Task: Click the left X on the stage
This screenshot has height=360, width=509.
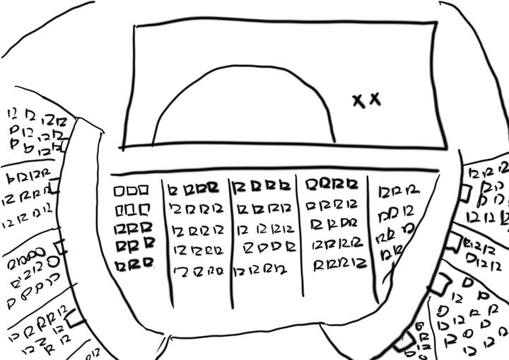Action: (358, 101)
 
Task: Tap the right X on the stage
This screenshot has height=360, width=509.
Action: (375, 99)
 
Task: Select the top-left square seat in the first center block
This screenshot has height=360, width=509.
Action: (118, 191)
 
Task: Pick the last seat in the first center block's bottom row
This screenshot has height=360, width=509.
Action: (147, 264)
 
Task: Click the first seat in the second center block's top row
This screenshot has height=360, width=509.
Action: (173, 189)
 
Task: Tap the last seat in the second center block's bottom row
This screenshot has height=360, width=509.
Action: (220, 271)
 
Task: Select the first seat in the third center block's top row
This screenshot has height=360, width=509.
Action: (240, 187)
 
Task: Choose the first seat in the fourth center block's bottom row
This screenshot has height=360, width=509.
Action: (319, 265)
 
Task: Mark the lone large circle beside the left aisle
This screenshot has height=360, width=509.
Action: (54, 261)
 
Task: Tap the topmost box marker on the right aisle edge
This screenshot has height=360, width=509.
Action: (464, 192)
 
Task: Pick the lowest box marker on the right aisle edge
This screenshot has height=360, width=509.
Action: (408, 342)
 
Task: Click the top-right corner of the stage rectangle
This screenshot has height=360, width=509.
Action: (435, 23)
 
